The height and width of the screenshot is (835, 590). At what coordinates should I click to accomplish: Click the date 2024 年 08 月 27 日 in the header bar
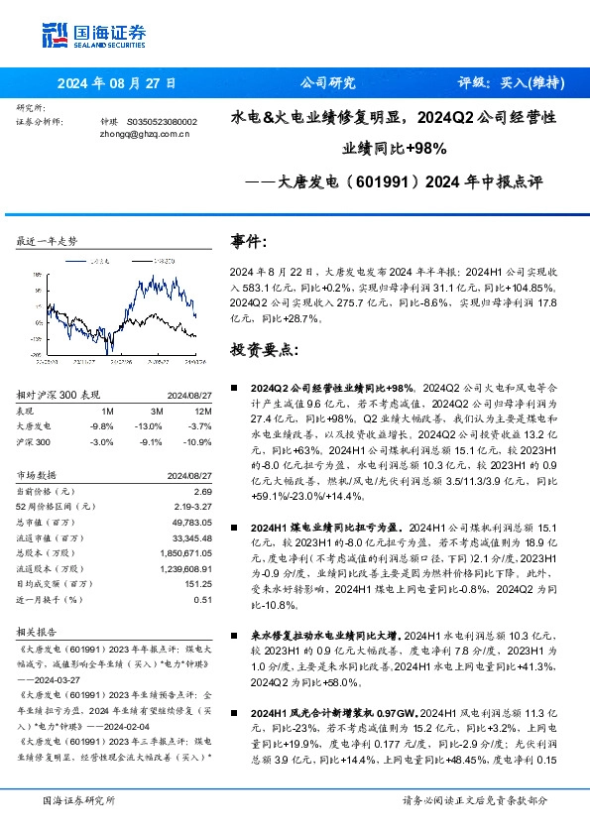coord(117,84)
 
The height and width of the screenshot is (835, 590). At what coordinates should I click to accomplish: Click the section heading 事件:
coord(248,241)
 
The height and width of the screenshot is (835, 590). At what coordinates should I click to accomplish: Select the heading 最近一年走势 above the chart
coord(48,241)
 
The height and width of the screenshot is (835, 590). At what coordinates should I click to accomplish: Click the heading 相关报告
coord(37,631)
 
